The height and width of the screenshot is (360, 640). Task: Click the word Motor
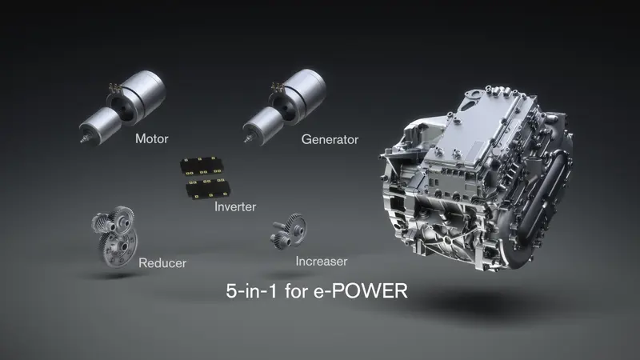click(151, 139)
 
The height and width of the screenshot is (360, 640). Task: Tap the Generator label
click(330, 139)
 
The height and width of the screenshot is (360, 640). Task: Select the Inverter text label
click(235, 207)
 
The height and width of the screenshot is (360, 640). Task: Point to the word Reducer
click(163, 262)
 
